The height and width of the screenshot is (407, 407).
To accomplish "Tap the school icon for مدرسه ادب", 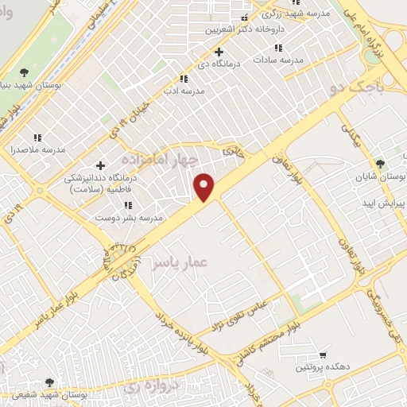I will tap(184, 79).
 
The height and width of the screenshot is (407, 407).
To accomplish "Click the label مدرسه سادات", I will tap(280, 59).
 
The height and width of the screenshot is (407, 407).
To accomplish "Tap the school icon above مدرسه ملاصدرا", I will tap(37, 138).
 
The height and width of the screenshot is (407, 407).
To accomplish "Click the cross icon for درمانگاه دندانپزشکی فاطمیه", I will tap(100, 165).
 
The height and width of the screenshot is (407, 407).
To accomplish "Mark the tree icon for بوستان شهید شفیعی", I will tap(51, 383).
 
